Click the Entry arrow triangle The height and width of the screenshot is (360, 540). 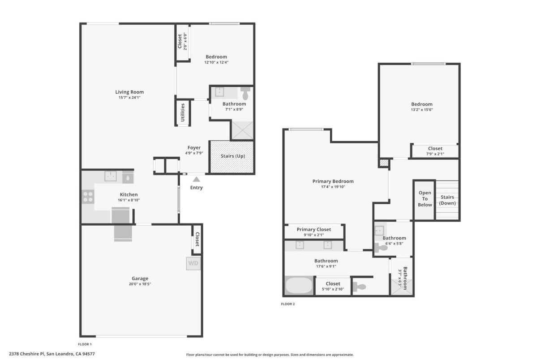pos(196,179)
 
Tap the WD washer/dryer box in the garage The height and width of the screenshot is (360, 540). pos(193,263)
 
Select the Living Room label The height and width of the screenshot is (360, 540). pos(129,92)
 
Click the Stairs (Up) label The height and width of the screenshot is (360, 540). pos(233,156)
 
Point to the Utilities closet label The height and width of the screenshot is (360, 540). pos(183,113)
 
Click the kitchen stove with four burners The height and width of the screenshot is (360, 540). pos(88,197)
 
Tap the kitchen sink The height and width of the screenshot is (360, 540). pos(111,176)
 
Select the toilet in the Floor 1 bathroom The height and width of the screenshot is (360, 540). pos(245,94)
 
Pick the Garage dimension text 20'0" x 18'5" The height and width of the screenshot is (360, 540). pos(140,284)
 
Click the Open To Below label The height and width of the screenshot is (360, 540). pos(425,199)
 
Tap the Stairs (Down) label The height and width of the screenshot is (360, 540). pos(447,200)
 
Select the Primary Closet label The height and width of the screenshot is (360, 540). pos(314,229)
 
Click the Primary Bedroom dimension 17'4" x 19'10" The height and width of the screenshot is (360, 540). pos(333,187)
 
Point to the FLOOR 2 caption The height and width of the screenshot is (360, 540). pos(288,304)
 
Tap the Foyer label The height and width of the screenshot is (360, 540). pos(194,148)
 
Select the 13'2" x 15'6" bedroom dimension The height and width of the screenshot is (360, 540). pos(422,110)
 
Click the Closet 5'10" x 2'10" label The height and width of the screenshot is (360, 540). pos(333,283)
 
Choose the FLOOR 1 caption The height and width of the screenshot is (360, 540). pos(85,344)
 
